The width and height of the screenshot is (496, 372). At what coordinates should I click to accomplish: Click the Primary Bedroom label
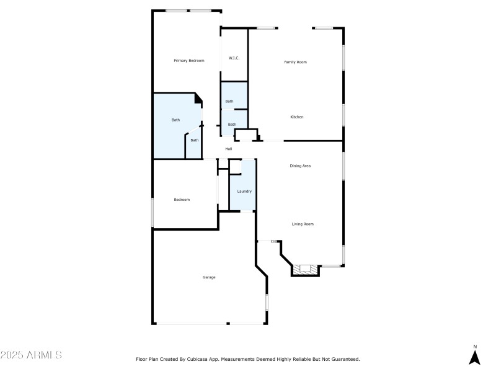pos(188,61)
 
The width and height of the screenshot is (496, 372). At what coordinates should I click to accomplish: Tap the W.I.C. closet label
pos(234,58)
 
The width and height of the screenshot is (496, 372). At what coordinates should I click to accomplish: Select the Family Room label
pos(295,62)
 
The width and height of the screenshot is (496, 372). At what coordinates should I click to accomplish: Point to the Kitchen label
pos(297,117)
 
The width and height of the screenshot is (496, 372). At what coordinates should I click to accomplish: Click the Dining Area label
pos(300,166)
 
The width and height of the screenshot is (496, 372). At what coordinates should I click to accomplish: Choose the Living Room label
pos(303,224)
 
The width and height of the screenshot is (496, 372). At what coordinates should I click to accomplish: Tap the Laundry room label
pos(244,192)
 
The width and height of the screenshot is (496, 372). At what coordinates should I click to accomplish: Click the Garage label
pos(209,277)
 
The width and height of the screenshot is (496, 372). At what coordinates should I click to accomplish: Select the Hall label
pos(229,149)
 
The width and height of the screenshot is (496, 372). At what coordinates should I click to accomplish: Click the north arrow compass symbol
pos(475,357)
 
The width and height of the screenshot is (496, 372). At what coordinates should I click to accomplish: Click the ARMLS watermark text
pos(31,355)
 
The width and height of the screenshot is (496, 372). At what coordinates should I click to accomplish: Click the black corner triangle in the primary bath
pos(198,97)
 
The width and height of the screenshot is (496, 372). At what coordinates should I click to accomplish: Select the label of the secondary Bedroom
pos(182,200)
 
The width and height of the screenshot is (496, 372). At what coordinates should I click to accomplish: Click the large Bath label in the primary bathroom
pos(175,120)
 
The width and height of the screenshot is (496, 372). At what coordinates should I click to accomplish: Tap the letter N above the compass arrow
pos(475,347)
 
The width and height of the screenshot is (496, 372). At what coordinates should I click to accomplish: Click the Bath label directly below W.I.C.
pos(229,102)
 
